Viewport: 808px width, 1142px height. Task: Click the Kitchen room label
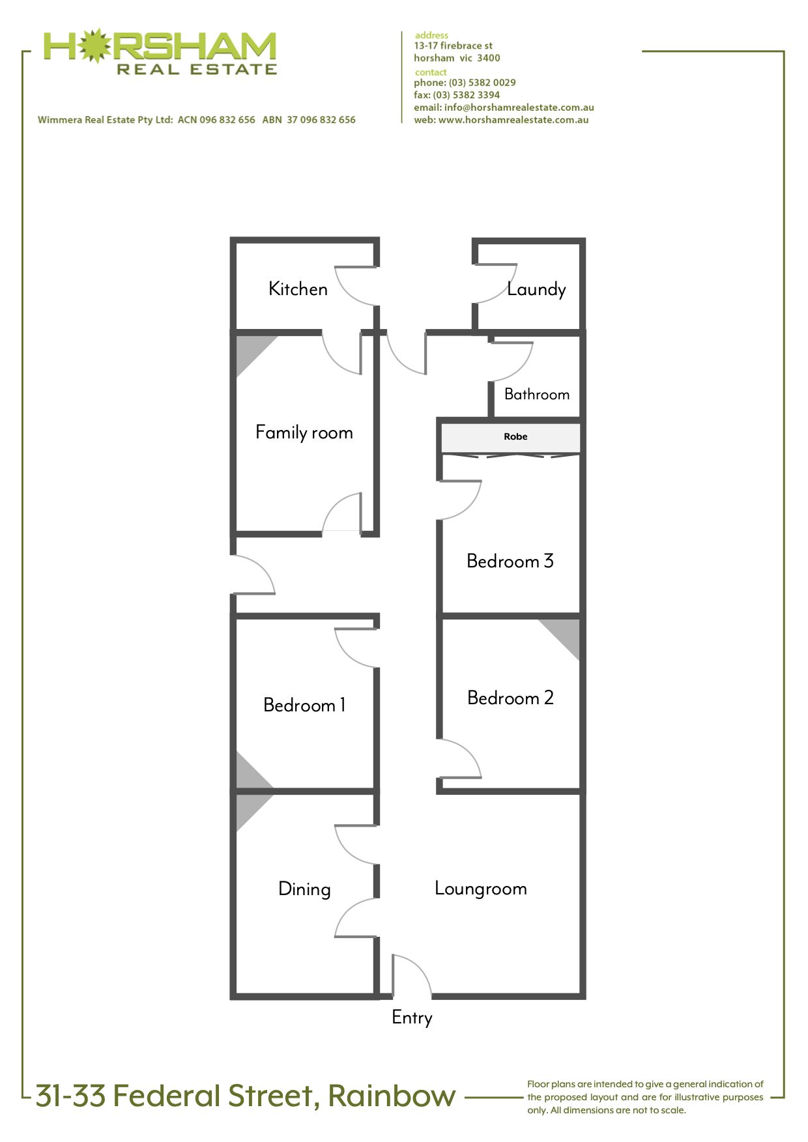(x=298, y=289)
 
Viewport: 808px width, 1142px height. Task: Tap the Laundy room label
(x=536, y=289)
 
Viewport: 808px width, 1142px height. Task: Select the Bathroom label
(x=537, y=394)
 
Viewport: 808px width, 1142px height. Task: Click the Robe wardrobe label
(x=515, y=436)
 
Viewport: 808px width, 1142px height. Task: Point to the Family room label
(x=304, y=433)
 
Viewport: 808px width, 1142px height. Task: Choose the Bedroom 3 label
(x=510, y=561)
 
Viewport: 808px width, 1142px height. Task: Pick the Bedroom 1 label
(x=304, y=705)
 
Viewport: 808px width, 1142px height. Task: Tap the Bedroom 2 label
(x=510, y=698)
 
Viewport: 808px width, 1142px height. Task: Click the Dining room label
(x=304, y=889)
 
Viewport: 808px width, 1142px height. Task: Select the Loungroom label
(x=481, y=889)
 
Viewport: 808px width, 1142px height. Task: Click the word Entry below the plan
(x=412, y=1018)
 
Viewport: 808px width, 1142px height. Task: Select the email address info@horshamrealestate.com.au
(x=519, y=107)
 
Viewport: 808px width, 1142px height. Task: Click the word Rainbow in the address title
(x=392, y=1096)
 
